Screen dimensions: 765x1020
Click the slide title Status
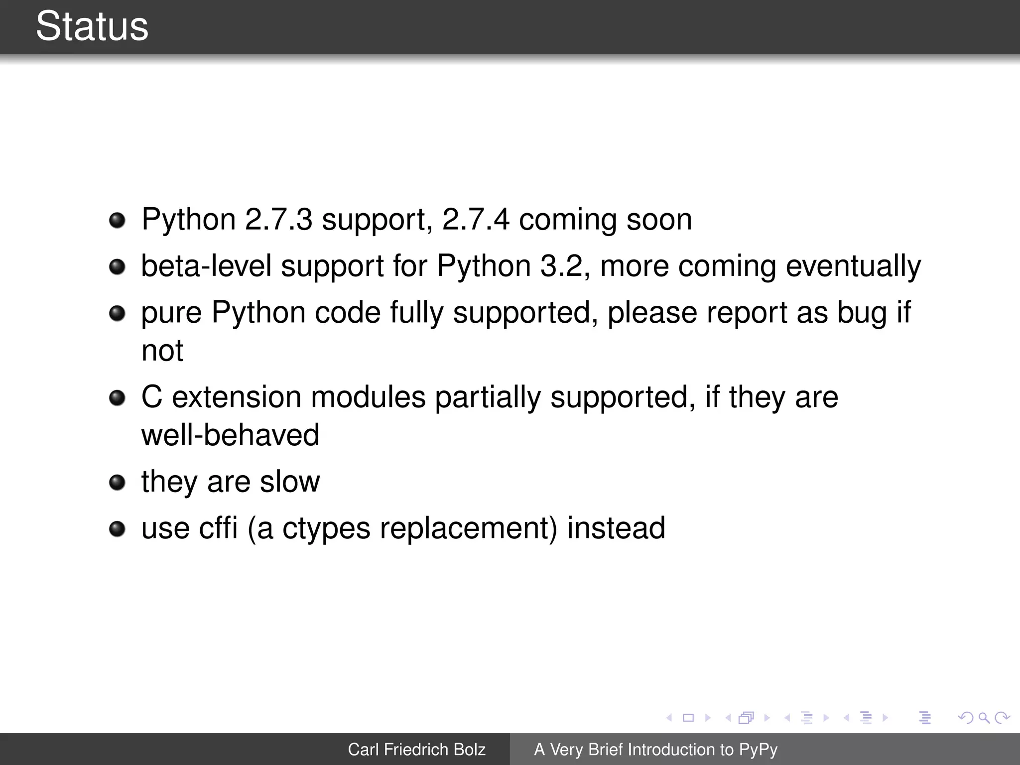92,26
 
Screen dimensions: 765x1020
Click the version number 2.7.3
278,219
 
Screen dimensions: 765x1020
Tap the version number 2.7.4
476,219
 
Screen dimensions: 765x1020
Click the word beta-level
206,266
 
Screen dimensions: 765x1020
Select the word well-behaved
230,435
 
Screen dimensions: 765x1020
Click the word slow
289,482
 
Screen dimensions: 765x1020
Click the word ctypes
326,529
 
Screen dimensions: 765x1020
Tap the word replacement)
469,529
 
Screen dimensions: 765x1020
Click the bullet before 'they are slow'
117,482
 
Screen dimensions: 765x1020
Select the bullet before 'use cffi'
117,528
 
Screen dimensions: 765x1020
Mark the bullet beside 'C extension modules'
117,397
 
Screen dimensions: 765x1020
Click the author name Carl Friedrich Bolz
416,750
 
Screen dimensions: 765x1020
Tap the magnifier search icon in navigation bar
984,718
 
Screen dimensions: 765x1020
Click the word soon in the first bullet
659,219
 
